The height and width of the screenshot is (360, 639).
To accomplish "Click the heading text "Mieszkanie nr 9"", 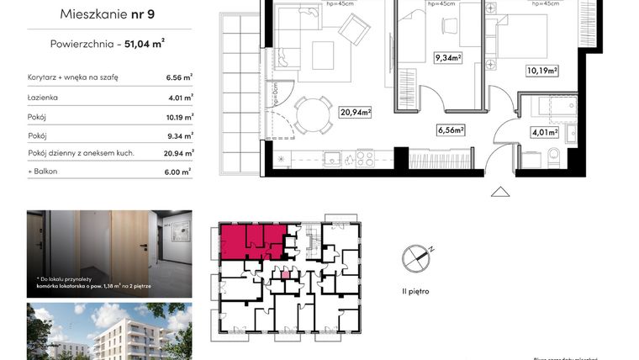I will [109, 13].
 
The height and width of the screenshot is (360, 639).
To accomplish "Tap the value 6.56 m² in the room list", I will [179, 77].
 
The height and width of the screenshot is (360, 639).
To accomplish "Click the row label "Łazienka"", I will [42, 98].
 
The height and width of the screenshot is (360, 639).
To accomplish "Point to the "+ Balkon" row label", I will [44, 172].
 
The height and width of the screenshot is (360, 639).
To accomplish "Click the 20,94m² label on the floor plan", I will [356, 112].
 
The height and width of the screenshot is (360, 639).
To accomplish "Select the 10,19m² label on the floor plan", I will [542, 71].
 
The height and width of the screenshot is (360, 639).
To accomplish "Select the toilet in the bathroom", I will [552, 156].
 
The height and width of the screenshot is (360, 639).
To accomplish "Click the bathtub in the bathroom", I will [547, 107].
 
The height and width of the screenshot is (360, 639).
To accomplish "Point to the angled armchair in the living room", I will [354, 29].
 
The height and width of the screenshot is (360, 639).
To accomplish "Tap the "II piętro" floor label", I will [415, 290].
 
